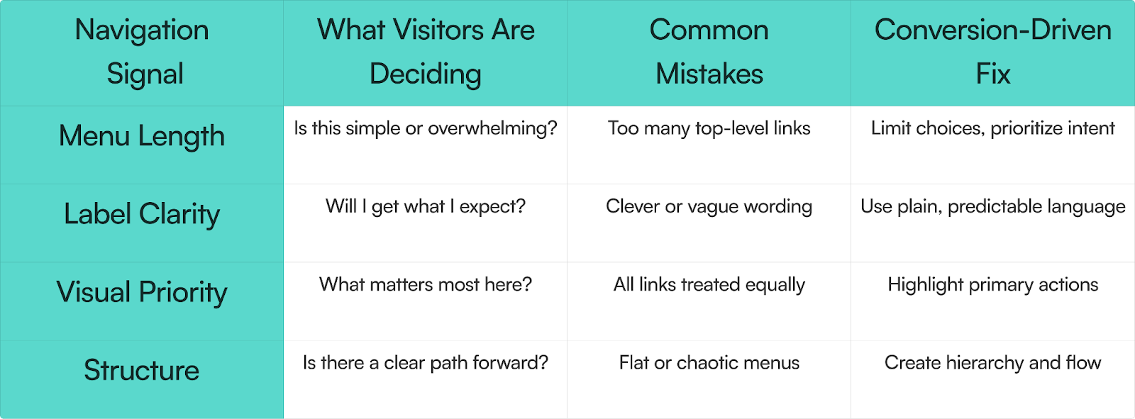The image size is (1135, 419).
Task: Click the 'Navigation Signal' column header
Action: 142,52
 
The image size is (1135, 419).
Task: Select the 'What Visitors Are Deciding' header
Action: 426,52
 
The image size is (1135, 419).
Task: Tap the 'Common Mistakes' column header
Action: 709,52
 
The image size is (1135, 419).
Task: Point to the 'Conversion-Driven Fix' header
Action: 992,52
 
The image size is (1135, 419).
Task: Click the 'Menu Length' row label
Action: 142,136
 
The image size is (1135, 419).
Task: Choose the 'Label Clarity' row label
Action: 142,214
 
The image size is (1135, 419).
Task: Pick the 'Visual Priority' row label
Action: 142,292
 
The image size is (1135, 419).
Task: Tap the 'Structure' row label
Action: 142,370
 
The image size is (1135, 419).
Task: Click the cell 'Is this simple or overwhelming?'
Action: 426,129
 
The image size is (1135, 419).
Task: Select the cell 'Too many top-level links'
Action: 709,129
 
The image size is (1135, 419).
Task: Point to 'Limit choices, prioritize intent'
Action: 992,129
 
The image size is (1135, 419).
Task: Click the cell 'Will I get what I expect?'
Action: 426,207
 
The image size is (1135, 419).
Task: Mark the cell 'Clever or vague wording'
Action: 709,207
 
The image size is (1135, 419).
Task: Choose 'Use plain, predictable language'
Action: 992,207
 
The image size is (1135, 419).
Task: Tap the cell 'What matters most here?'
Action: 426,285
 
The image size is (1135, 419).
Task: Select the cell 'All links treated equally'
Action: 709,285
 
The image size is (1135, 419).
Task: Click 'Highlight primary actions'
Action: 992,285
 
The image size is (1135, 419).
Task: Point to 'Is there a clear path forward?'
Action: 426,363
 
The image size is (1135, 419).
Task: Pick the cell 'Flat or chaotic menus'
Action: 709,363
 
